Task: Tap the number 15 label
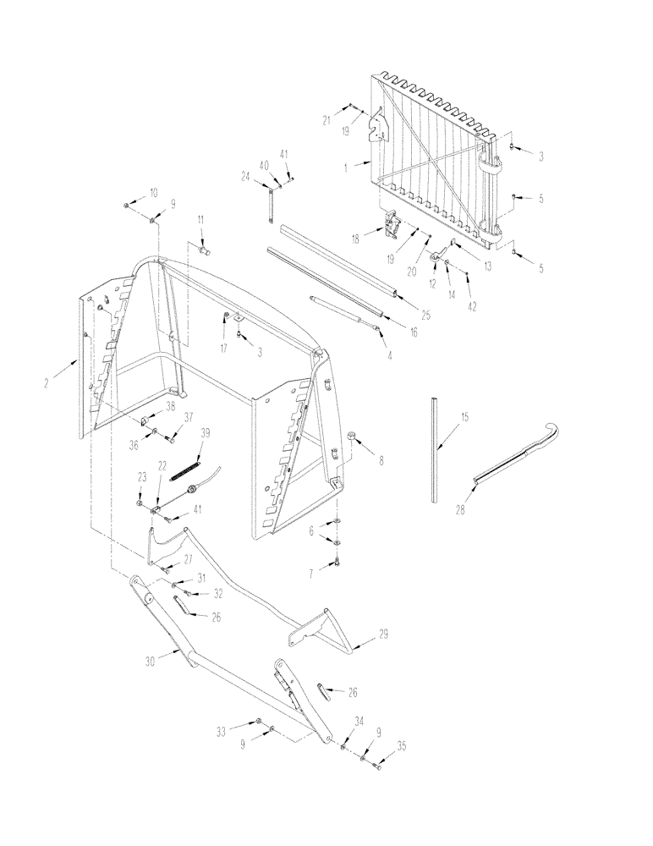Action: [x=464, y=417]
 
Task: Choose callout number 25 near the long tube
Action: [x=425, y=315]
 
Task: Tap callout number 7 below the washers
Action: [x=310, y=573]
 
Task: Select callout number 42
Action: [x=472, y=307]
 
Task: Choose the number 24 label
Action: [x=245, y=176]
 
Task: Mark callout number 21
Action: [x=325, y=121]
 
